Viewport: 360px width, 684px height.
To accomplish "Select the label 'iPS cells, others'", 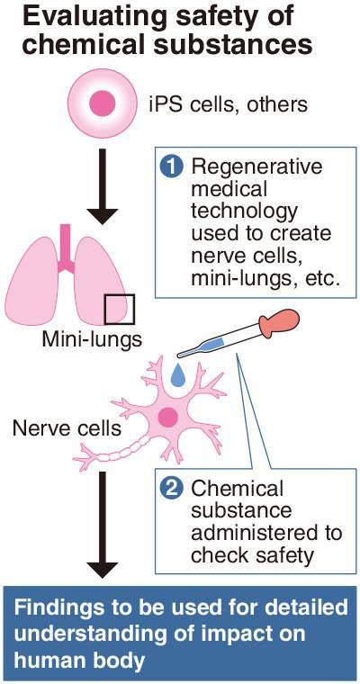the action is (228, 105).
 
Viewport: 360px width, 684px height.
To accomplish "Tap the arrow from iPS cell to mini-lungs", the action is (103, 186).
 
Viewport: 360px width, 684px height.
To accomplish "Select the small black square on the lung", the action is (119, 309).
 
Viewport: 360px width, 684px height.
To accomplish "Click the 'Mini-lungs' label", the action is (92, 339).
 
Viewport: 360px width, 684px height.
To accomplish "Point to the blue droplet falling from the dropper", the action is (177, 376).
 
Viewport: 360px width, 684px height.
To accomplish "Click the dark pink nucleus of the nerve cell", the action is (167, 418).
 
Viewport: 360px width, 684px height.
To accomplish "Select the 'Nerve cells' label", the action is (67, 428).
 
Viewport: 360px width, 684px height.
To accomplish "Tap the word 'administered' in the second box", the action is (266, 534).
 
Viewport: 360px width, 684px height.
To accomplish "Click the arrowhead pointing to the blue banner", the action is (103, 570).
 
